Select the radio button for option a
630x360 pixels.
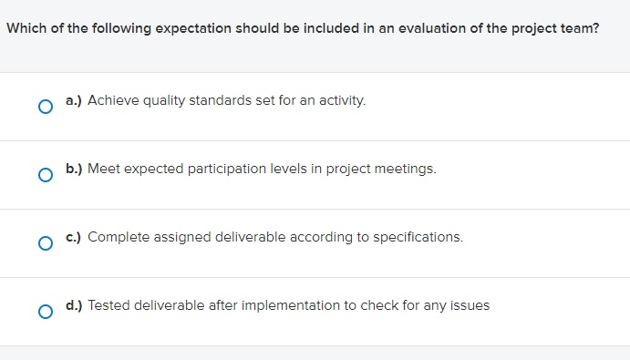[45, 107]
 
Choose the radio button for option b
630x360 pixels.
[45, 175]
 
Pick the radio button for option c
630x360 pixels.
[45, 243]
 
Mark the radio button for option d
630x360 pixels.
[45, 312]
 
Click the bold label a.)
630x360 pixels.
[74, 100]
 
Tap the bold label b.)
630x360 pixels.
[74, 169]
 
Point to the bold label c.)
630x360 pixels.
[74, 237]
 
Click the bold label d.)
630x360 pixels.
[74, 305]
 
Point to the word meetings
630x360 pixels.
[408, 169]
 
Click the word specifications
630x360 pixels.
[420, 237]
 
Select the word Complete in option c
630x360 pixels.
[115, 237]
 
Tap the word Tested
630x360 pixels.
[108, 305]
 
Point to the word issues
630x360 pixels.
[470, 305]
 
